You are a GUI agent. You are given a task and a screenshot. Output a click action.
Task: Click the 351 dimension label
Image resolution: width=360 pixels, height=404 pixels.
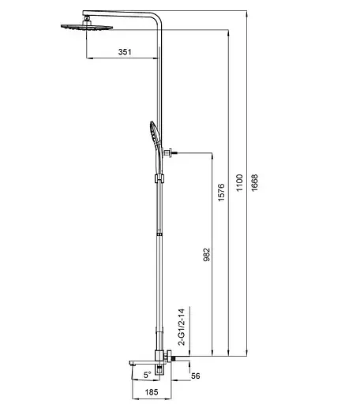tap(125, 51)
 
